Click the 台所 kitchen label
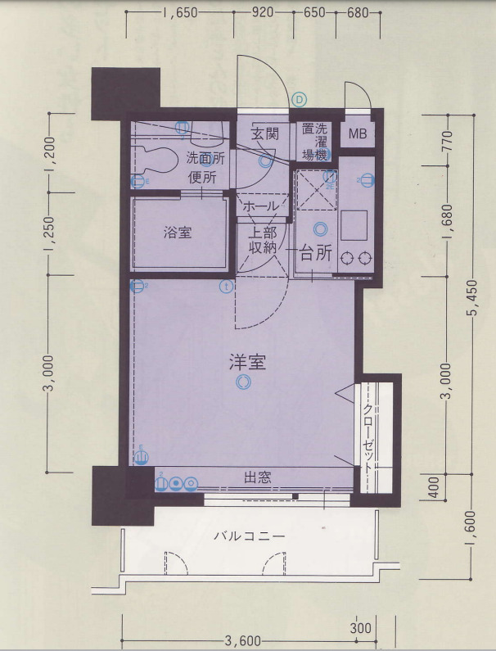pyautogui.click(x=313, y=253)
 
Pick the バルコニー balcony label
pyautogui.click(x=249, y=537)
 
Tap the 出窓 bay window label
pyautogui.click(x=257, y=477)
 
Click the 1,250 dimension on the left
pyautogui.click(x=48, y=233)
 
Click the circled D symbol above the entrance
pyautogui.click(x=300, y=99)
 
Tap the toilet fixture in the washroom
pyautogui.click(x=154, y=158)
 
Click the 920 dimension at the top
pyautogui.click(x=263, y=13)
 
